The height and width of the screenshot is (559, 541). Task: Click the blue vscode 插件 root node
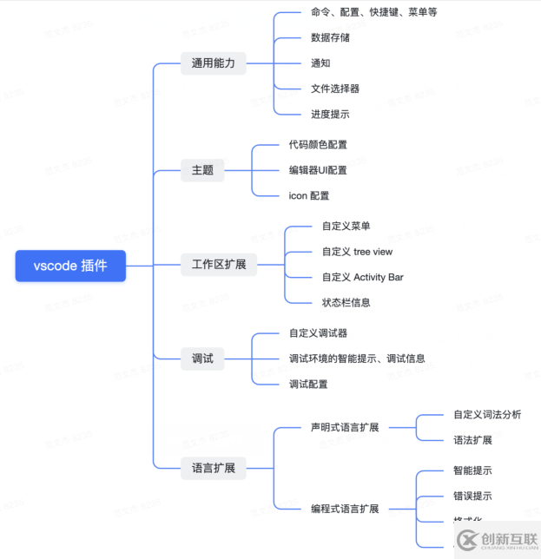pyautogui.click(x=70, y=266)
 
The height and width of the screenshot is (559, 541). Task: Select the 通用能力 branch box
pyautogui.click(x=213, y=63)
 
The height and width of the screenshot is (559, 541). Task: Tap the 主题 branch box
pyautogui.click(x=202, y=170)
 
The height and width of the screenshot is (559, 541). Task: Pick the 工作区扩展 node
pyautogui.click(x=219, y=265)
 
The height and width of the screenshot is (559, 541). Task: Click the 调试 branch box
pyautogui.click(x=202, y=358)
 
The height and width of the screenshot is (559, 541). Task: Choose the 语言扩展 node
pyautogui.click(x=213, y=467)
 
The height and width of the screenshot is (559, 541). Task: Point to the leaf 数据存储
pyautogui.click(x=330, y=38)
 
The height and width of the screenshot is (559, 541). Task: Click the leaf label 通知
pyautogui.click(x=320, y=63)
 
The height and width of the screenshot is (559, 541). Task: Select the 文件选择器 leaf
pyautogui.click(x=335, y=89)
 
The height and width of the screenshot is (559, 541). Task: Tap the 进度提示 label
pyautogui.click(x=330, y=114)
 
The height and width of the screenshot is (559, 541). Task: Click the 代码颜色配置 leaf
pyautogui.click(x=318, y=145)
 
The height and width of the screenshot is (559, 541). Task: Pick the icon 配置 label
pyautogui.click(x=309, y=195)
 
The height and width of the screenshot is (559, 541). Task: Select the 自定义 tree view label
pyautogui.click(x=357, y=252)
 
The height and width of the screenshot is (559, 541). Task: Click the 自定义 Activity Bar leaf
pyautogui.click(x=362, y=277)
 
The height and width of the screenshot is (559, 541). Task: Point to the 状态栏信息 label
pyautogui.click(x=346, y=302)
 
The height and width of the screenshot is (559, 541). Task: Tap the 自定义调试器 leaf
pyautogui.click(x=318, y=333)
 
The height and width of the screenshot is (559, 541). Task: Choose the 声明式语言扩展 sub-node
pyautogui.click(x=345, y=427)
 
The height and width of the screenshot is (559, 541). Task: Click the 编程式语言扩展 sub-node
pyautogui.click(x=345, y=509)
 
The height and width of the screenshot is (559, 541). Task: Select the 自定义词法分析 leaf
pyautogui.click(x=487, y=415)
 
